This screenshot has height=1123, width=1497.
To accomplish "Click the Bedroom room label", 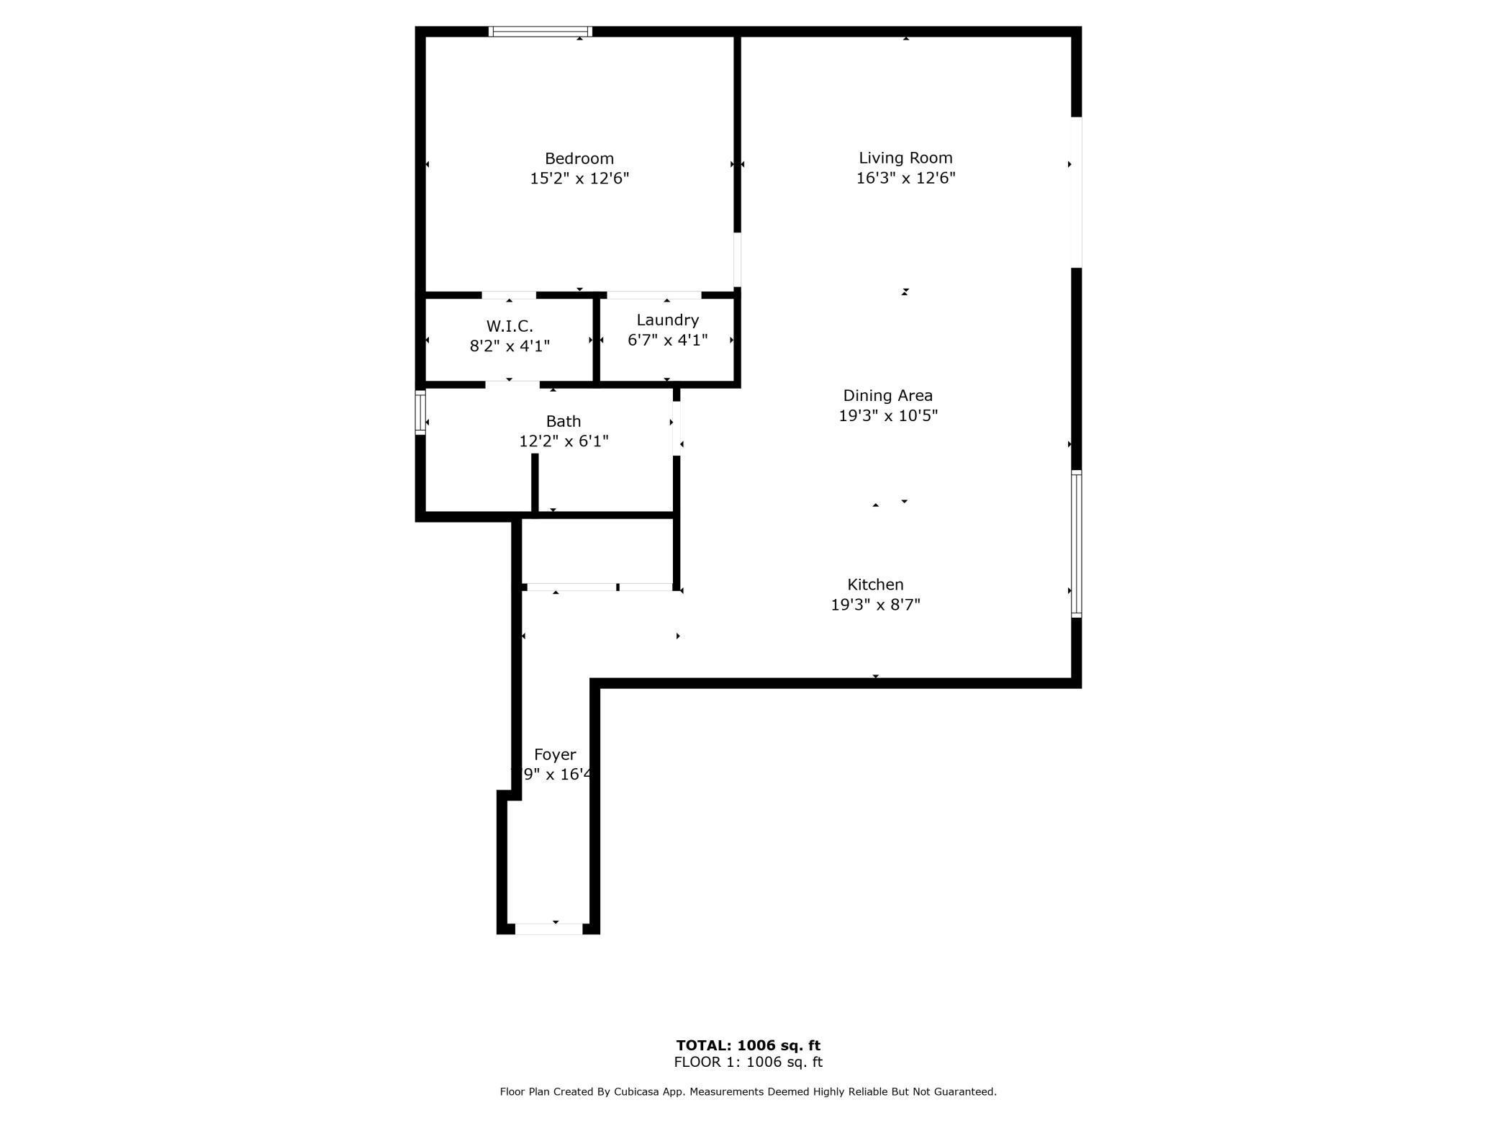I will pos(579,158).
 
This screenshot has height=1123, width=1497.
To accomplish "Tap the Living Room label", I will pos(905,158).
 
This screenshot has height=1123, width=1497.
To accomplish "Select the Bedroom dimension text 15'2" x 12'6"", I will pos(579,179).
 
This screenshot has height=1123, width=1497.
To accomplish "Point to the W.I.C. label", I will pos(510,326).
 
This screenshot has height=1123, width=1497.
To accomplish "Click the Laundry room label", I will pos(667,320).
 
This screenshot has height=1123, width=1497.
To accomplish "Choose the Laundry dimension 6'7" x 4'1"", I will pos(667,340).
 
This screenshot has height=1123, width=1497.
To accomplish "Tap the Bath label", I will pos(563,421).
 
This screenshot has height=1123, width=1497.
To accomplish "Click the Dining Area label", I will pos(887,395).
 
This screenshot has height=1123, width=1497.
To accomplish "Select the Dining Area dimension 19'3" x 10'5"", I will pos(888,415).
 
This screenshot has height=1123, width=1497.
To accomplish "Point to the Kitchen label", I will pos(875,585).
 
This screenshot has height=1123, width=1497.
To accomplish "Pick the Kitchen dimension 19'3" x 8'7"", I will pos(875,605).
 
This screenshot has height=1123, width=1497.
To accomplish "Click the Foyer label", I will pos(555,754).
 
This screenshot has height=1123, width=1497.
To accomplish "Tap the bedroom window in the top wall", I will pos(540,32).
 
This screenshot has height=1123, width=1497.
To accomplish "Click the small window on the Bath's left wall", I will pos(420,412).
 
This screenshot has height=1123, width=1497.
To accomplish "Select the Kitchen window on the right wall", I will pos(1076,544).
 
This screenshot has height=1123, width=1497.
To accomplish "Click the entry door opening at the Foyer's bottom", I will pos(548,929).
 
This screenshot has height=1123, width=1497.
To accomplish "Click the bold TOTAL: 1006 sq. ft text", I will pos(748,1045).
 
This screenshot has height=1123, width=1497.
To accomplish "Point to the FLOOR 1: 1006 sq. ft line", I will pos(748,1062).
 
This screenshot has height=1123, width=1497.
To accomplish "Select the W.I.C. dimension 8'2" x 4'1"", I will pos(510,346).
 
